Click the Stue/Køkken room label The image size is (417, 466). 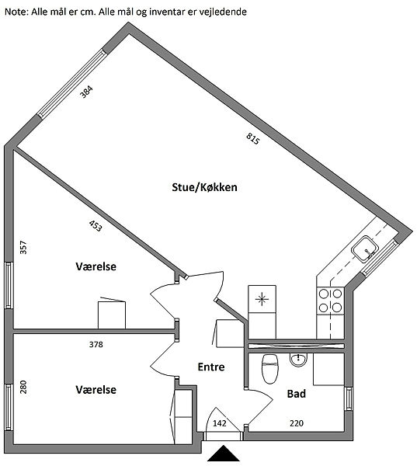pos(204,187)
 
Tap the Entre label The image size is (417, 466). pos(211,367)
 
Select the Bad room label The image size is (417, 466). pos(297,394)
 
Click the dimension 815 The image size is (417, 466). pos(253,138)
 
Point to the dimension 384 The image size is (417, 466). pos(86,92)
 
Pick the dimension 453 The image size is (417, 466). pos(96,225)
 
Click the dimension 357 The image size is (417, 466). pos(23,247)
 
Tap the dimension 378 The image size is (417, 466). pos(96,344)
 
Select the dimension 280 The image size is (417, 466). pos(23,387)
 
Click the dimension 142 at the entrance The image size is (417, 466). pos(219,423)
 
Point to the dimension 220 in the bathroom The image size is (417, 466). pos(297,423)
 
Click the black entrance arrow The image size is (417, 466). pos(223,454)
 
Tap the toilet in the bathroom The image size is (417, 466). pos(270,369)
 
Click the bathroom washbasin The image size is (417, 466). pos(298,360)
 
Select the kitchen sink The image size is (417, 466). pos(365,249)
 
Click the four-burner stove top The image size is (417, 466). pos(330,301)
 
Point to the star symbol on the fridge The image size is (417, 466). pos(262,299)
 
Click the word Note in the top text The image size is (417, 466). pos(16,12)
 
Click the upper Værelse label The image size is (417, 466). pos(96,266)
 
